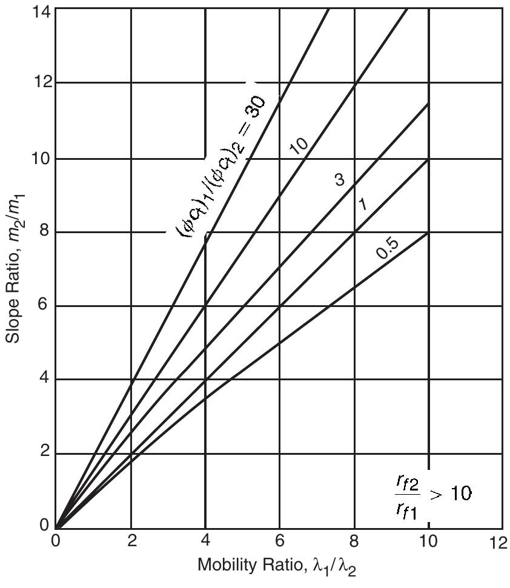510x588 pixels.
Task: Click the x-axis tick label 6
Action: pyautogui.click(x=280, y=542)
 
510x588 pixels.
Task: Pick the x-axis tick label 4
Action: pyautogui.click(x=206, y=542)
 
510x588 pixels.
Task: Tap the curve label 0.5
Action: pyautogui.click(x=386, y=248)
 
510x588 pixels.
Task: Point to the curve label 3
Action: pyautogui.click(x=339, y=179)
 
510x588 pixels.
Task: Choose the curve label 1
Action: pyautogui.click(x=362, y=204)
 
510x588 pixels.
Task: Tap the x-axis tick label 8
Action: pyautogui.click(x=354, y=542)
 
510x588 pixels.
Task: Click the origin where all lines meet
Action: pyautogui.click(x=56, y=527)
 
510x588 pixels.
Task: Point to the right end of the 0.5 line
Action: pyautogui.click(x=428, y=233)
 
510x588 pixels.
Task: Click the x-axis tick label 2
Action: pyautogui.click(x=131, y=542)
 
